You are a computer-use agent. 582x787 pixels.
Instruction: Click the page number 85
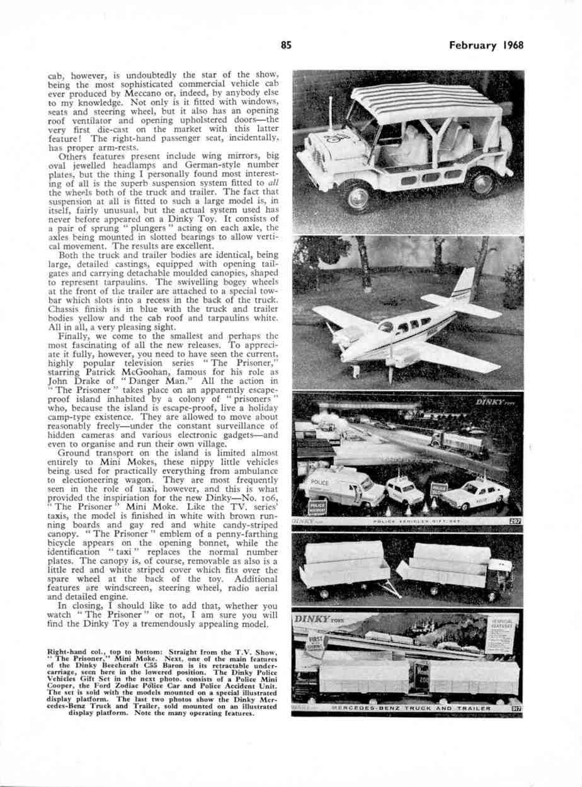287,45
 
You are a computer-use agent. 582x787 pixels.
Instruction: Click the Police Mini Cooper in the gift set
404,490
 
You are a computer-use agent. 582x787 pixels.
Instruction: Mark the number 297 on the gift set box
515,520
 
